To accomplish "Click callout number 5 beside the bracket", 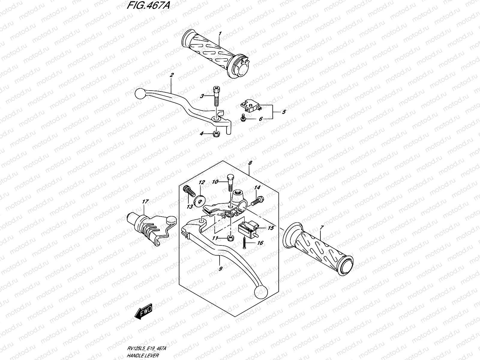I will coord(284,112).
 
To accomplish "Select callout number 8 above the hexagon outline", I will coord(250,163).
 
